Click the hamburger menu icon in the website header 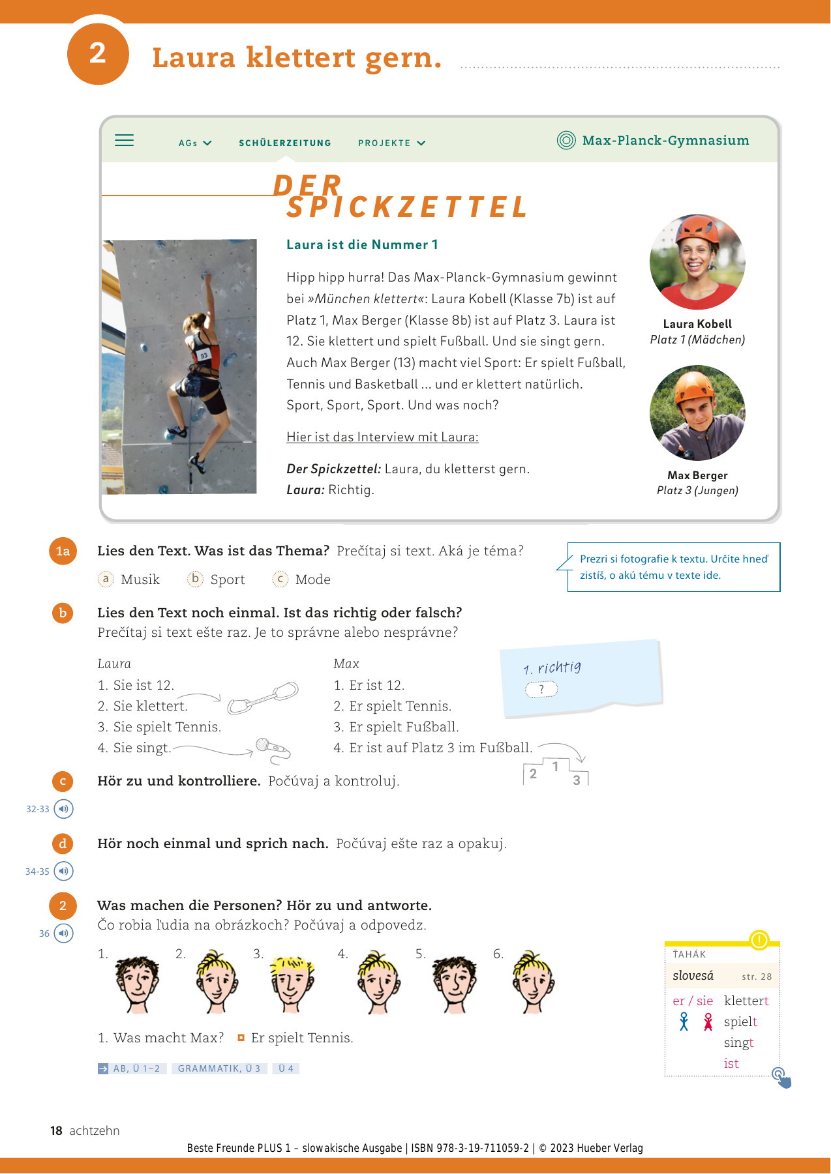124,140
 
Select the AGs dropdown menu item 194,143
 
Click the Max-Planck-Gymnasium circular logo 566,140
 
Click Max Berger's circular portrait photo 697,413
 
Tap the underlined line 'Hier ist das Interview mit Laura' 382,437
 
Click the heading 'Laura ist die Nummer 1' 362,244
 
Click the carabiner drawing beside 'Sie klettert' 263,697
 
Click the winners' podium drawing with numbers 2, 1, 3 556,772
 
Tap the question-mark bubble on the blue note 541,689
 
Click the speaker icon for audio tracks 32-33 63,809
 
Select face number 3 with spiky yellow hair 292,981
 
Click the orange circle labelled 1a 63,551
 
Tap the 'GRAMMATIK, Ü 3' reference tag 219,1068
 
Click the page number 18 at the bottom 56,1130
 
